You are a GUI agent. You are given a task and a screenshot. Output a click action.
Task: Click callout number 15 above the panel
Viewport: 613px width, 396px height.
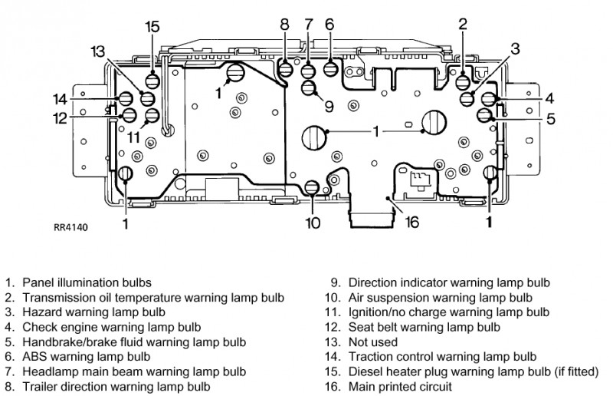[x=152, y=28]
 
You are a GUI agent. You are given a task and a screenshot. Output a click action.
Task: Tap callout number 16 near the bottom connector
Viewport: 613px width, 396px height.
[x=411, y=223]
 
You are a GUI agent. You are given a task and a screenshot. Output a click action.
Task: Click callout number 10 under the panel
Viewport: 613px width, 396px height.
[x=313, y=223]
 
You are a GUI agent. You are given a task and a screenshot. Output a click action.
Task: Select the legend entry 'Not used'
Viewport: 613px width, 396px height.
[x=373, y=342]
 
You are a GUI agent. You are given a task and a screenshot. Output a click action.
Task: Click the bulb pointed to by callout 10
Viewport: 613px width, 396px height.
[x=312, y=186]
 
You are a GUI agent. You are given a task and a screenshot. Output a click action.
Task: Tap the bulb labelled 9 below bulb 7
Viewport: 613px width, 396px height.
[x=309, y=87]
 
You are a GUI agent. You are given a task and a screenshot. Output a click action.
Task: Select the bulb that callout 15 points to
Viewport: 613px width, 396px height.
[x=152, y=79]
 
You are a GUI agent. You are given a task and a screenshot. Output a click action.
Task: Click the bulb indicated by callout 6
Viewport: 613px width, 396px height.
[x=331, y=69]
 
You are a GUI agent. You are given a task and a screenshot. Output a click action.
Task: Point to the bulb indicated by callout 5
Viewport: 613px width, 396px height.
[x=484, y=116]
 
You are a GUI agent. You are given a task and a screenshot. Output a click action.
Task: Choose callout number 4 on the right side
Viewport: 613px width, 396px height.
[x=549, y=98]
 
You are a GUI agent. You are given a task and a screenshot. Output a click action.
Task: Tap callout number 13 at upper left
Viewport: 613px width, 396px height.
[x=97, y=51]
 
